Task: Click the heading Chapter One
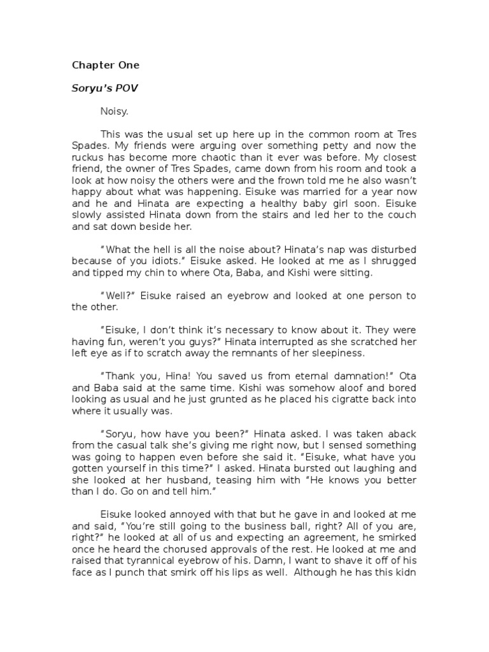click(x=105, y=65)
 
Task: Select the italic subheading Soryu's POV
click(x=104, y=88)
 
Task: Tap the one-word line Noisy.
click(x=114, y=111)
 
